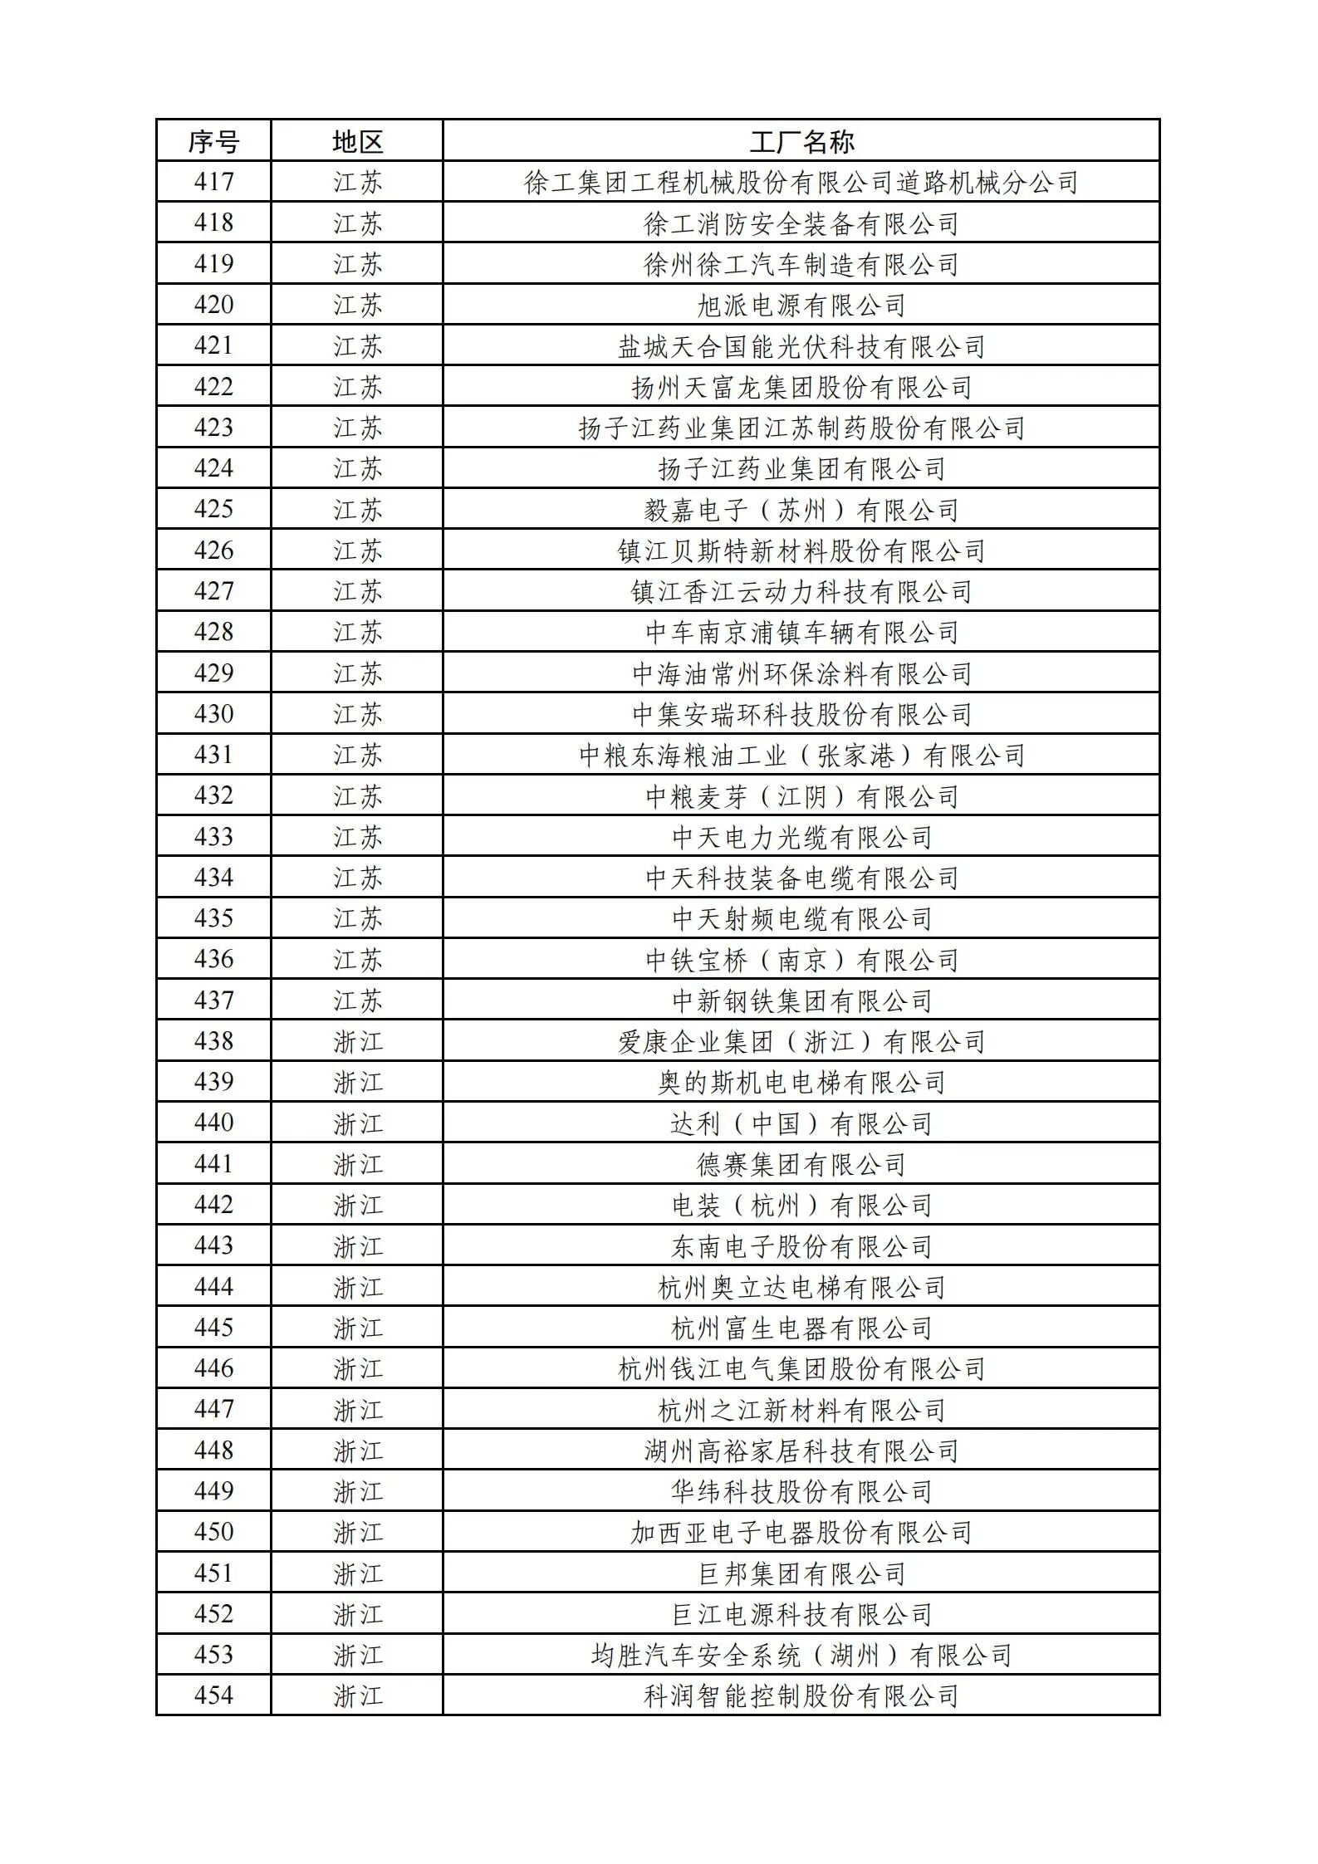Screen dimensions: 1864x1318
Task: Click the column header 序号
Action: click(x=213, y=141)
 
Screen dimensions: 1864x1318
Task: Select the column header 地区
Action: click(x=357, y=141)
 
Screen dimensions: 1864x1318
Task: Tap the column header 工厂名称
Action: click(x=801, y=141)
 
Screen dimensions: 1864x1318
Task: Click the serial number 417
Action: click(x=213, y=182)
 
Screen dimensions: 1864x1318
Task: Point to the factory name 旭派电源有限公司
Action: click(x=801, y=305)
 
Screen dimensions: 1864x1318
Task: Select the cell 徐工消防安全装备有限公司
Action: click(x=801, y=223)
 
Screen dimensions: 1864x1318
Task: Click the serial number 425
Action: click(x=213, y=509)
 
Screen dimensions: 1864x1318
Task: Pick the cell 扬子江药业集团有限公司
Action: click(x=801, y=468)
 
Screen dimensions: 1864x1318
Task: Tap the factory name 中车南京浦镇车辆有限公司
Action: click(x=801, y=632)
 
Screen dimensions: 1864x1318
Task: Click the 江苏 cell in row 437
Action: click(x=357, y=1000)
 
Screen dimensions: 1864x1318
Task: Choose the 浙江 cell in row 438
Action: click(x=357, y=1041)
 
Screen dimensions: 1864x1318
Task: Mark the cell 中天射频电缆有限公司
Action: click(x=801, y=918)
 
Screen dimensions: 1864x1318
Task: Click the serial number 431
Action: click(x=213, y=755)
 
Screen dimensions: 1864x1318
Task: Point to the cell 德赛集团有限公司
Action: click(x=801, y=1164)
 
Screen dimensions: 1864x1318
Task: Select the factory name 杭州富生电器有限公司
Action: click(x=801, y=1328)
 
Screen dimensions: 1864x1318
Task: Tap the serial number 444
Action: click(x=213, y=1287)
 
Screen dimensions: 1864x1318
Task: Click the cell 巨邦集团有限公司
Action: click(x=801, y=1573)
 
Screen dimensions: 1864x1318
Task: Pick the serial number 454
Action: click(x=213, y=1695)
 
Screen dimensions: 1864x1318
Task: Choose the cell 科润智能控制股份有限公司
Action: click(x=801, y=1695)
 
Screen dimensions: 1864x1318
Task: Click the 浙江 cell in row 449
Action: click(x=357, y=1491)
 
